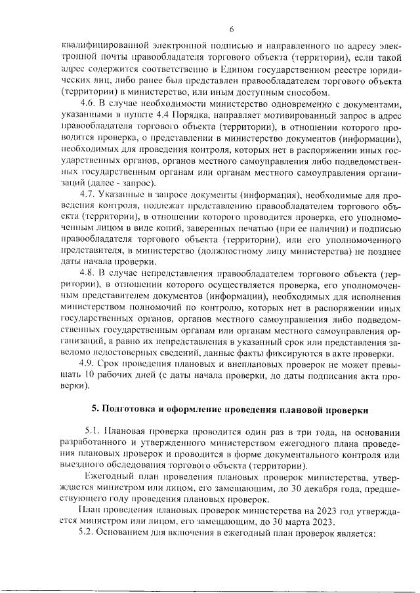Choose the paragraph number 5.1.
point(93,431)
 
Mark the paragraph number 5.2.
point(87,533)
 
